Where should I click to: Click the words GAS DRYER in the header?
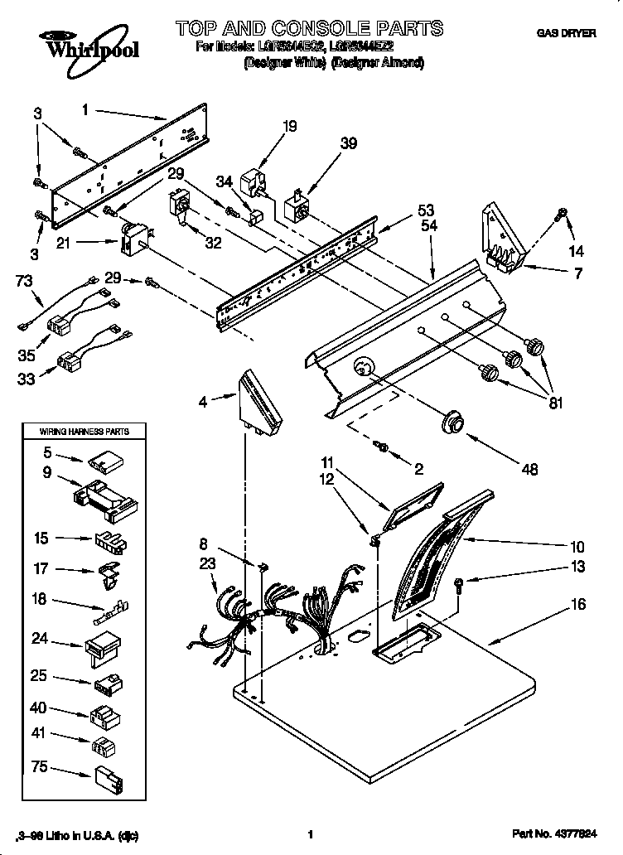(567, 33)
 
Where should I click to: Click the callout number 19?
(289, 127)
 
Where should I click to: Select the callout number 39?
(349, 143)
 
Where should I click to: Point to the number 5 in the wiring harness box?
(47, 453)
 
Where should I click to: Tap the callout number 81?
(554, 404)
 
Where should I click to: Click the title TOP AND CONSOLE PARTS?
(309, 29)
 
